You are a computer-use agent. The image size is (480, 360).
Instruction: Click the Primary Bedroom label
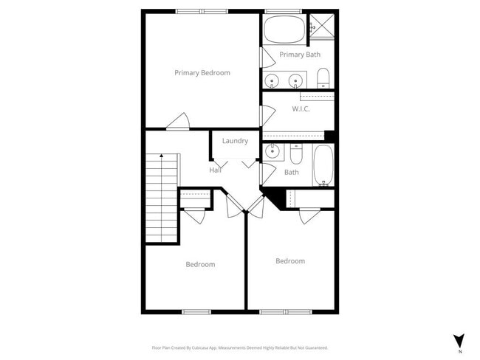202,73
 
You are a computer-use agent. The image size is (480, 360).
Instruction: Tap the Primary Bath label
299,55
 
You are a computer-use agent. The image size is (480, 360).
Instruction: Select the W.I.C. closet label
301,109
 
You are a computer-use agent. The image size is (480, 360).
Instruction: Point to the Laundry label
235,141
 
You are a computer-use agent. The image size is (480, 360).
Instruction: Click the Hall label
215,170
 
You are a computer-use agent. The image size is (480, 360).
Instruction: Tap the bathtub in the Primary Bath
284,30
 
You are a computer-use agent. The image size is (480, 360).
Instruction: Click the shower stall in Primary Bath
321,26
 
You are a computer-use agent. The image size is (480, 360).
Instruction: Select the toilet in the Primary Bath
323,78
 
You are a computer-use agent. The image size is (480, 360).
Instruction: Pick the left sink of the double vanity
272,80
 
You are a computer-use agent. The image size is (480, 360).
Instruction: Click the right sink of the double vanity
296,80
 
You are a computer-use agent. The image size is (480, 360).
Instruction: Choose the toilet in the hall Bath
295,154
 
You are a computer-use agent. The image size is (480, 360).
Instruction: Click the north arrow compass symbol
458,341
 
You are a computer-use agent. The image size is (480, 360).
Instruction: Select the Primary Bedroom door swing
178,122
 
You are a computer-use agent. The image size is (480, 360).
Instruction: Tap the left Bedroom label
200,265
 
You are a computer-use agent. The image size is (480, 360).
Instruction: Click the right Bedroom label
290,261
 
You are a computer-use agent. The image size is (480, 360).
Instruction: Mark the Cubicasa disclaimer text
240,347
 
